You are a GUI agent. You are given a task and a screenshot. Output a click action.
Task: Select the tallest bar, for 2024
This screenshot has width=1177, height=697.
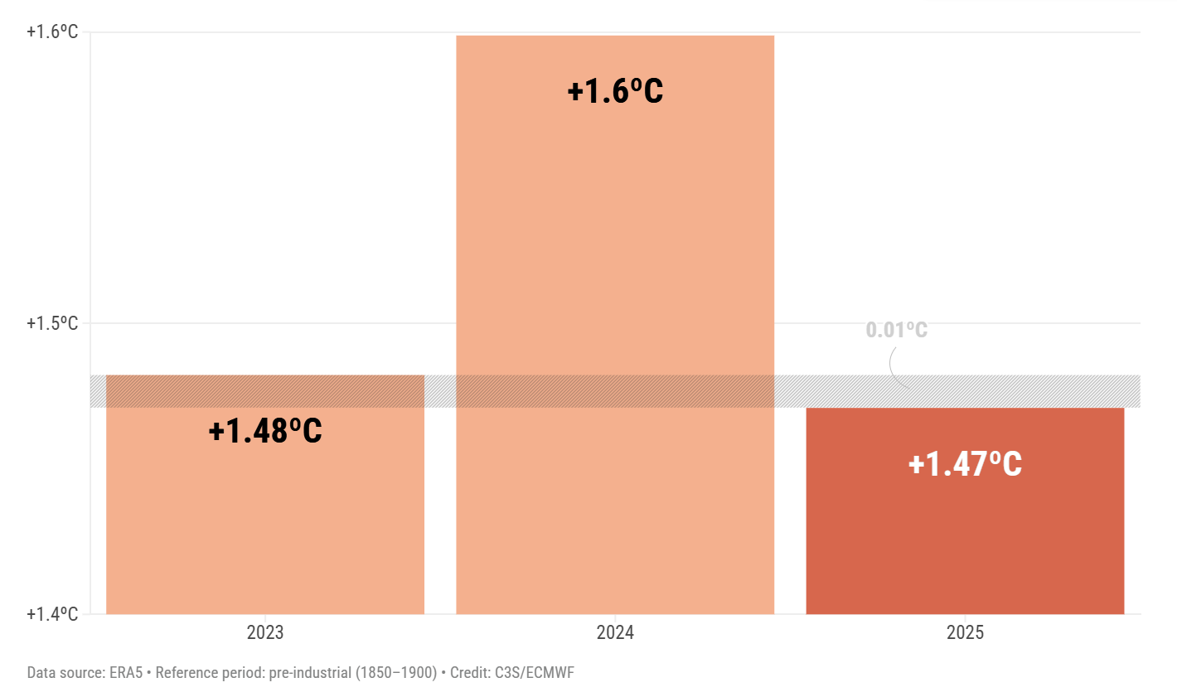(615, 249)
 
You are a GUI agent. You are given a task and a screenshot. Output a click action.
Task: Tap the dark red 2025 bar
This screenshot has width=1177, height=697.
(965, 539)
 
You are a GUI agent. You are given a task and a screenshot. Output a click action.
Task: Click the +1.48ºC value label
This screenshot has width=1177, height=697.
(265, 431)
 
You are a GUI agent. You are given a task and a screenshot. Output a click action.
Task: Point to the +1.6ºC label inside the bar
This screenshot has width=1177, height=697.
(615, 91)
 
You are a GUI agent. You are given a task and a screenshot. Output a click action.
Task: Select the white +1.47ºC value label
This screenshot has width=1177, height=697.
(965, 464)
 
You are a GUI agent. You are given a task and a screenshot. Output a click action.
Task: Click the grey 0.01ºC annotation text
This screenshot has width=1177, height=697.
(896, 330)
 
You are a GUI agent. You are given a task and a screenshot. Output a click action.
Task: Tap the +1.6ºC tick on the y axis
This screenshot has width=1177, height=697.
(52, 32)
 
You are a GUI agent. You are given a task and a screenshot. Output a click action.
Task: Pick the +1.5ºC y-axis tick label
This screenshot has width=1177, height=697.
(52, 323)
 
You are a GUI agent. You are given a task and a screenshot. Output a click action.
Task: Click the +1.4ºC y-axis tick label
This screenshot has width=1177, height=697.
(52, 614)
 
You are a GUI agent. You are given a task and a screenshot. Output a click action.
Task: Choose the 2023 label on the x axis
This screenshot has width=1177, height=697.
(265, 633)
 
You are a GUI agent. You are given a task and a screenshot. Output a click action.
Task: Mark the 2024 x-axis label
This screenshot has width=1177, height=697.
(615, 633)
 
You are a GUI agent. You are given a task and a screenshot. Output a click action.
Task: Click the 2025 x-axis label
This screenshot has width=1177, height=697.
(965, 633)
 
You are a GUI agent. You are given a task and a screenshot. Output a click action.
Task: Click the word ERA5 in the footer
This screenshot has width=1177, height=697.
(126, 673)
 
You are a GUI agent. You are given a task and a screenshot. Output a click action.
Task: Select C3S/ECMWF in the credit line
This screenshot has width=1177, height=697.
(534, 673)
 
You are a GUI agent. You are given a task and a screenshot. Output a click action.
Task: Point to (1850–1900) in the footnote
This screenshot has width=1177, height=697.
(396, 673)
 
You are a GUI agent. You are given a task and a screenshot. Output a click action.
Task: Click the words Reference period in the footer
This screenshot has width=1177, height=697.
(210, 673)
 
